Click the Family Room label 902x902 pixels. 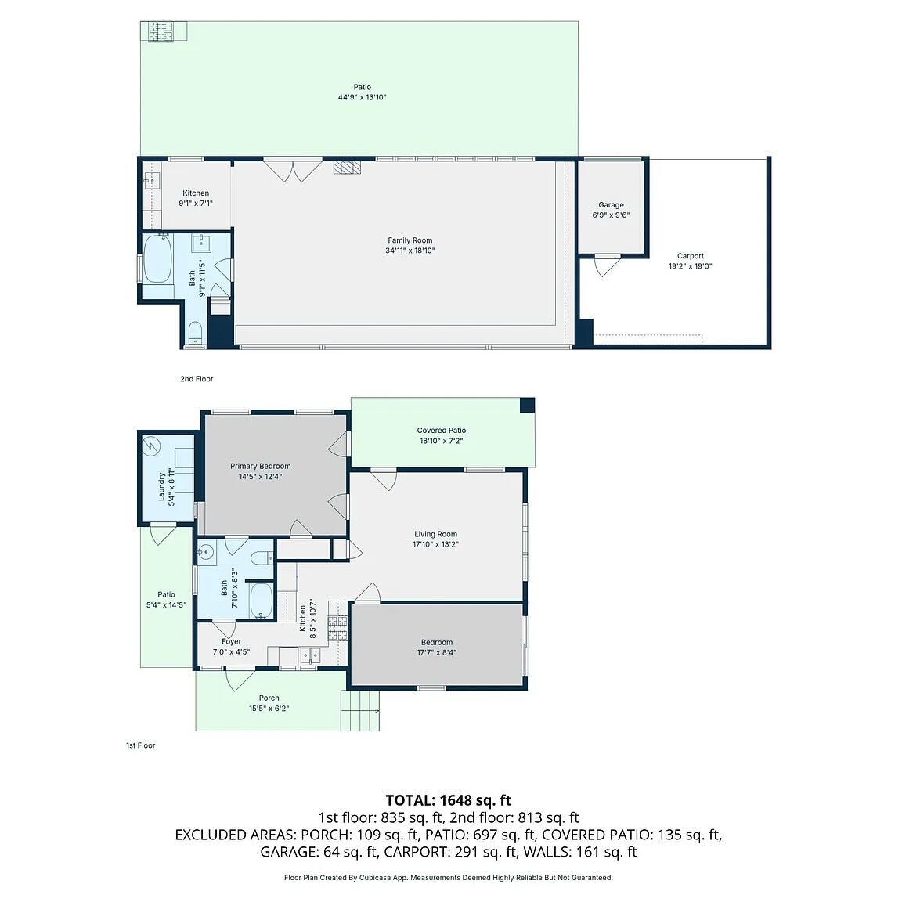click(410, 240)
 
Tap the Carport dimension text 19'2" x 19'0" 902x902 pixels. click(691, 266)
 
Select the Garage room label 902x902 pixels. click(611, 205)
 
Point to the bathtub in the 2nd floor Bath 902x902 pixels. click(157, 258)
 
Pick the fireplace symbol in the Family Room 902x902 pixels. click(348, 167)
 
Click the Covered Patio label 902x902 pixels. click(442, 431)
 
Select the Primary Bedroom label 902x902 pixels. click(261, 466)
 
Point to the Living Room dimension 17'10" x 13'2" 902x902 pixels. click(435, 544)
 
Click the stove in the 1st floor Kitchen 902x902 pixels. click(337, 628)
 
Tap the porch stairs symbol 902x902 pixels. click(360, 710)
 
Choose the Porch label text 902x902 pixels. click(269, 698)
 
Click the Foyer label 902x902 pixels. click(231, 641)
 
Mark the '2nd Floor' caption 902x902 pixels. click(197, 379)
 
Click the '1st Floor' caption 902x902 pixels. click(141, 745)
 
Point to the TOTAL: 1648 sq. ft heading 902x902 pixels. click(449, 800)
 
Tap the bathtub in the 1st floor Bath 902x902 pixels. click(262, 601)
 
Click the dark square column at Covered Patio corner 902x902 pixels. click(528, 406)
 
